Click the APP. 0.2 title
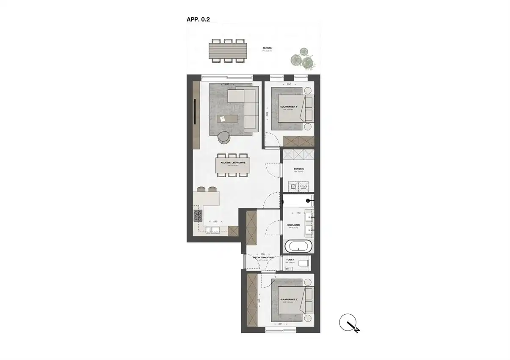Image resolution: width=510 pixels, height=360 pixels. tap(198, 19)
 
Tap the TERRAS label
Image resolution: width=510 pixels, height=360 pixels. tap(266, 49)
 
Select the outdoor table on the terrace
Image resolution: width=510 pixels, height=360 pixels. tap(228, 51)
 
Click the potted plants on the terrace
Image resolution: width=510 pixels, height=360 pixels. tap(303, 58)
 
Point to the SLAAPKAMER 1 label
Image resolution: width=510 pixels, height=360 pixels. tap(288, 107)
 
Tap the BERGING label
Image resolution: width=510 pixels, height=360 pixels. tap(299, 169)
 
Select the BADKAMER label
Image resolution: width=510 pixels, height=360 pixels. tap(293, 225)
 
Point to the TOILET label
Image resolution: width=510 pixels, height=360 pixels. tap(290, 260)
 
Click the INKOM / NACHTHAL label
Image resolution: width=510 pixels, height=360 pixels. tap(263, 258)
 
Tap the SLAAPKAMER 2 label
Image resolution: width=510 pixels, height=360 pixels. tap(288, 299)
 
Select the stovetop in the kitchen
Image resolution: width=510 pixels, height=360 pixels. tap(198, 216)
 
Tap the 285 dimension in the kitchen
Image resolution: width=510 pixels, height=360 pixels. tap(215, 221)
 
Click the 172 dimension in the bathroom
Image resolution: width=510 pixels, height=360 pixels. tap(298, 213)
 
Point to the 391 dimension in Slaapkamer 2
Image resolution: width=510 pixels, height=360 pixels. tap(280, 324)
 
